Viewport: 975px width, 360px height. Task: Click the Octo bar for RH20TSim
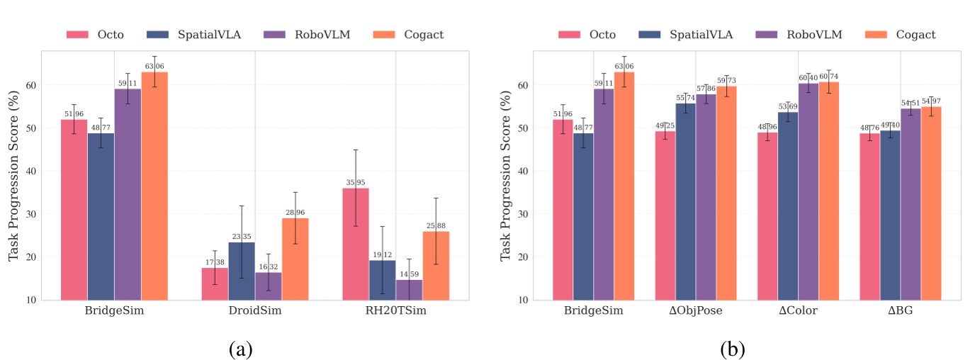(355, 244)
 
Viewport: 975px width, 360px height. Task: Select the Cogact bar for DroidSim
(295, 259)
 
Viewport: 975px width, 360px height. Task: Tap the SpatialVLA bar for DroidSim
(242, 271)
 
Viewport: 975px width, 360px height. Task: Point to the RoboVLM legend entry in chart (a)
(307, 34)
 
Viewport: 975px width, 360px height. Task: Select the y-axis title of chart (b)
(506, 175)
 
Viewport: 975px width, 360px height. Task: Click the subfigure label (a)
(240, 348)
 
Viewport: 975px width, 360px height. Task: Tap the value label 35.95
(356, 182)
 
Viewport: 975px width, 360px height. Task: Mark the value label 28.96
(295, 212)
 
